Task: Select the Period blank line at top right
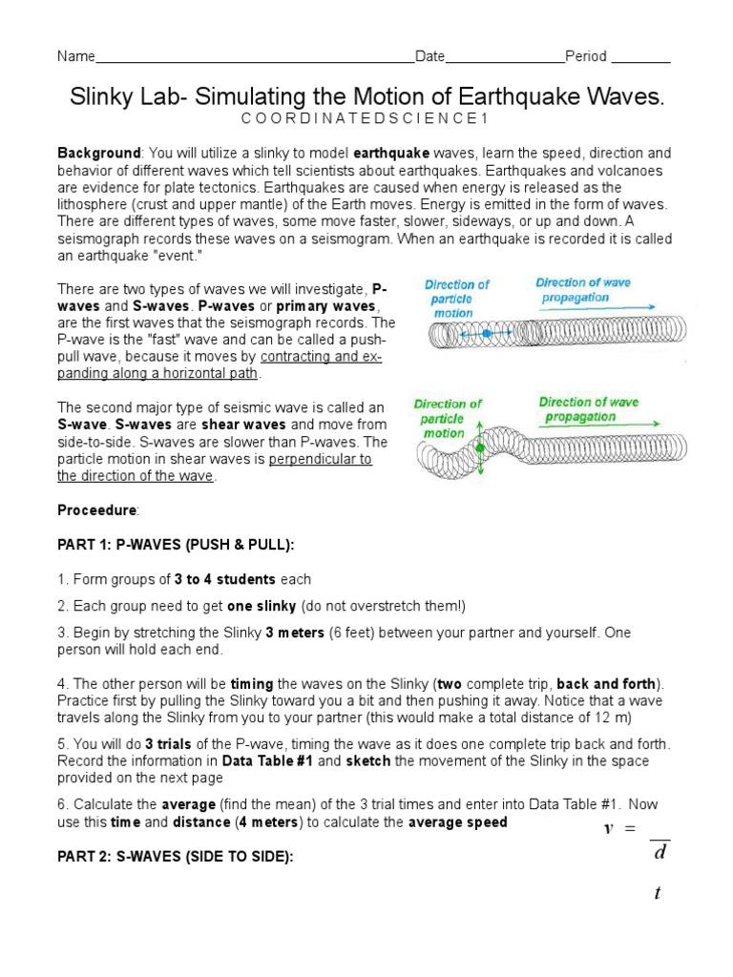[640, 59]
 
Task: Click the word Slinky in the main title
[101, 97]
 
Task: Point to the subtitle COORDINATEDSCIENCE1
[366, 119]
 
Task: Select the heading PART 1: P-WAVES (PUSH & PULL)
[176, 544]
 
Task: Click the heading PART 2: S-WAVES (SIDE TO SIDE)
[174, 857]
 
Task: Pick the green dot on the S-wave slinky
[479, 447]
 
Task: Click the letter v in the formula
[606, 828]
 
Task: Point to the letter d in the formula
[659, 851]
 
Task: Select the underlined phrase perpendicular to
[320, 459]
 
